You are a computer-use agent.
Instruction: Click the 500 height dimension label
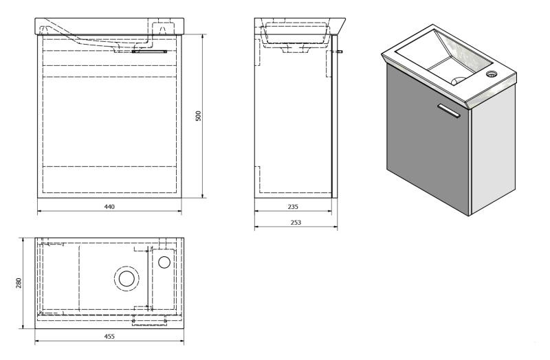coord(198,116)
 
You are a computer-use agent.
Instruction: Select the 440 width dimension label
coord(109,207)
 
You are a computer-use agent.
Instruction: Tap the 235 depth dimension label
coord(293,207)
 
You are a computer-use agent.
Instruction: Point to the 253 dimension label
coord(296,222)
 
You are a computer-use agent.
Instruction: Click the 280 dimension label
coord(19,283)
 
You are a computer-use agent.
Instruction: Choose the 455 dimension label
coord(109,337)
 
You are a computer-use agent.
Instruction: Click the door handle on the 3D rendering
coord(449,111)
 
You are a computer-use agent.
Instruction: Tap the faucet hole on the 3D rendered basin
coord(492,74)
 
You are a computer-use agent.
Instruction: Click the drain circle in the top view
coord(126,279)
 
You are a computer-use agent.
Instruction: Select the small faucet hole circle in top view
coord(164,262)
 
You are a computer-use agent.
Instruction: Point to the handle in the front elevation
coord(149,51)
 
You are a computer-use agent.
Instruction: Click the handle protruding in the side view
coord(340,52)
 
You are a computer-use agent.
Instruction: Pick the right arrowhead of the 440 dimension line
coord(179,211)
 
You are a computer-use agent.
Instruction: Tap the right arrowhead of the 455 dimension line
coord(181,341)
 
